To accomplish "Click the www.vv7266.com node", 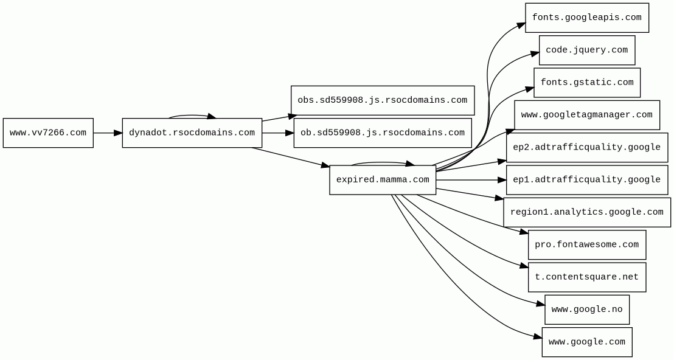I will tap(48, 133).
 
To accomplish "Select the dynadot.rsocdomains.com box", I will tap(192, 133).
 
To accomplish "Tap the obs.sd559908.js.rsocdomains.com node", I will tap(382, 100).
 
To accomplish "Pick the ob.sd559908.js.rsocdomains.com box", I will tap(382, 133).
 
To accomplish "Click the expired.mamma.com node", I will tap(383, 180).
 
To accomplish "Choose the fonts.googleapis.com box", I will tap(586, 18).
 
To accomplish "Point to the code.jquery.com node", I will tap(586, 50).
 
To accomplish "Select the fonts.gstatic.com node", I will tap(586, 83).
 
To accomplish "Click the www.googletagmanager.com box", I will tap(586, 115).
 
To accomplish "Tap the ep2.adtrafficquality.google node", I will tap(586, 147).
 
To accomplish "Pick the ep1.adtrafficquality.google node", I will tap(586, 180).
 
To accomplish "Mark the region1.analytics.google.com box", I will tap(586, 212).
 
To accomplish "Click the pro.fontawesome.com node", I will tap(586, 244).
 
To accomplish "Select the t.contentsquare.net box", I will tap(586, 277).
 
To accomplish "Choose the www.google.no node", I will tap(586, 310).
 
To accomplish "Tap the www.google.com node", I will tap(586, 342).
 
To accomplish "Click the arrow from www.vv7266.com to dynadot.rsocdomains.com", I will tap(108, 133).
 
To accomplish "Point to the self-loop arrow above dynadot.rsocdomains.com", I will tap(192, 115).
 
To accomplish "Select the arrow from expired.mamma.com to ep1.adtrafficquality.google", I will tap(471, 180).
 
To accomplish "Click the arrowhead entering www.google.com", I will tap(537, 336).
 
